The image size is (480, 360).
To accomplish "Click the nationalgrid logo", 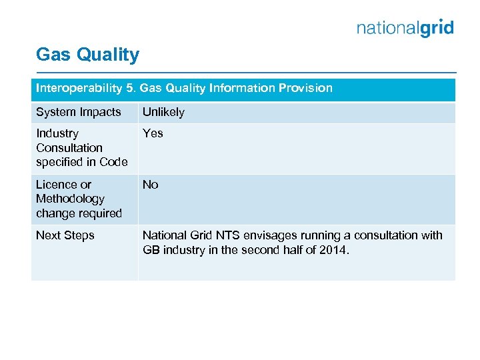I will [405, 28].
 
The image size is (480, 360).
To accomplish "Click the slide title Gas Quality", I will [87, 55].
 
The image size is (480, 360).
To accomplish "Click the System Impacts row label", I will [79, 112].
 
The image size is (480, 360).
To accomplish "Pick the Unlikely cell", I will [163, 112].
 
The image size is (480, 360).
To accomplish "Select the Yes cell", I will [153, 133].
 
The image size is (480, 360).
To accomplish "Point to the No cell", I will [150, 185].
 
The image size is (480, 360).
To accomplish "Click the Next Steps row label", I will [65, 235].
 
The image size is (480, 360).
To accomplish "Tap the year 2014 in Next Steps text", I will [334, 250].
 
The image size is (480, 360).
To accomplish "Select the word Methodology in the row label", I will [70, 199].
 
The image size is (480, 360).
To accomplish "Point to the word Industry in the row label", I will [57, 133].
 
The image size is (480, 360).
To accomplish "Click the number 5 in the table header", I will [129, 88].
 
